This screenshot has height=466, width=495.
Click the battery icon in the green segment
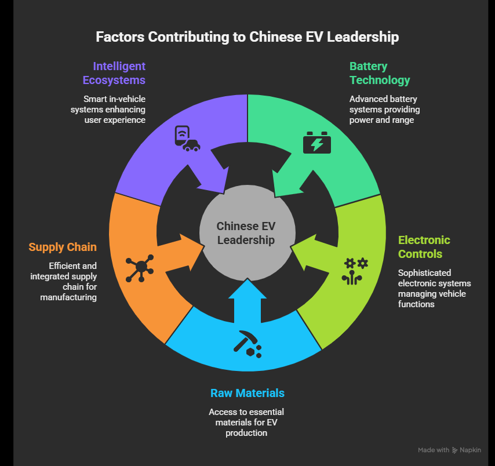coord(317,143)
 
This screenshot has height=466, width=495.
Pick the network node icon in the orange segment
coord(140,267)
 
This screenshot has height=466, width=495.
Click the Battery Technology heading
coord(380,73)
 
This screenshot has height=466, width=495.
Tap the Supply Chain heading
coord(63,247)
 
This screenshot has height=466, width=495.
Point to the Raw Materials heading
coord(247,393)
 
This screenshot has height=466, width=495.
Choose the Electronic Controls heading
coord(424,247)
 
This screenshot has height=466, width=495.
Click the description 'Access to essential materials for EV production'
coord(247,422)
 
